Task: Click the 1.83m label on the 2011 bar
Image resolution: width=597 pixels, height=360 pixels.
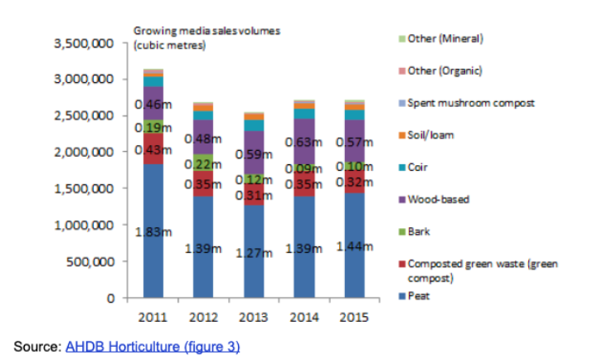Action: [153, 232]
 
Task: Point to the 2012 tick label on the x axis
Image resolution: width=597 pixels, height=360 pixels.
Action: [202, 316]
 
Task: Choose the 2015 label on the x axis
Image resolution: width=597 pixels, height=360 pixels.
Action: [353, 316]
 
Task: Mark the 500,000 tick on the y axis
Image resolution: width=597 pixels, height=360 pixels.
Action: [90, 261]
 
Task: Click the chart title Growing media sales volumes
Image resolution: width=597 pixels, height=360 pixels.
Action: [206, 31]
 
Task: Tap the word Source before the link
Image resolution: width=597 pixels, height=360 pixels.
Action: [35, 346]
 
